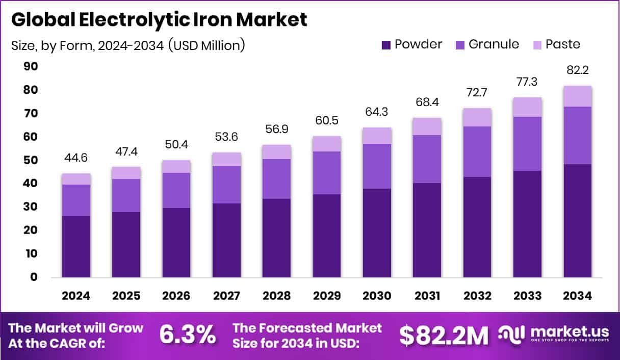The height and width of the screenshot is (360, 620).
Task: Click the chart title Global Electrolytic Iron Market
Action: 159,19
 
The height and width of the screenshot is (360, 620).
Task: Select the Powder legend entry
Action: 411,44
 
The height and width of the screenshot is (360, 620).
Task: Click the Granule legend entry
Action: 487,44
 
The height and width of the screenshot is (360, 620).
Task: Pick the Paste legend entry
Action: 556,44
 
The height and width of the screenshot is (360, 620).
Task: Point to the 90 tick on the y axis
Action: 30,66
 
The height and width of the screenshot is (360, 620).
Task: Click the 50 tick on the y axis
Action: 30,160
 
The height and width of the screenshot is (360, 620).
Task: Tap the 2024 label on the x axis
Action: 76,296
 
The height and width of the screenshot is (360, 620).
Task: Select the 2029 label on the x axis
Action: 327,296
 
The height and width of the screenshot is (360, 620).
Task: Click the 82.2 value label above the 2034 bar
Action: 578,70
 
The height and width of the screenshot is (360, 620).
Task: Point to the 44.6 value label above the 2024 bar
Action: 76,158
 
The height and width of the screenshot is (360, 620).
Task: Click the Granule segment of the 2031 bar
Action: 427,159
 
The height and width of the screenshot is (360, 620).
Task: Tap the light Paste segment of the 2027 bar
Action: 226,159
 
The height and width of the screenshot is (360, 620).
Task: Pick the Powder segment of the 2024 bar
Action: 76,247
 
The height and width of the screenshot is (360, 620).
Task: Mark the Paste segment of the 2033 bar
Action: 527,107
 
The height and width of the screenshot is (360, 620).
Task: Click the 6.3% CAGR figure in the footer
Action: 187,335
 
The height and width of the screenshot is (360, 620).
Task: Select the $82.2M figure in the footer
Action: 443,335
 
